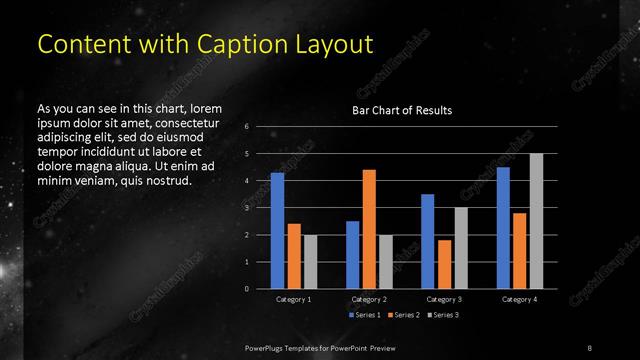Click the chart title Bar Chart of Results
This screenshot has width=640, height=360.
point(401,109)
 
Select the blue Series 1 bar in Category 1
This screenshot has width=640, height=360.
point(277,230)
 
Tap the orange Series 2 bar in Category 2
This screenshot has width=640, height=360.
point(368,229)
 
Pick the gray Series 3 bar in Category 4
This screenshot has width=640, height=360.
point(536,221)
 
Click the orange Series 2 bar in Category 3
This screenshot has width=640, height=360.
point(443,264)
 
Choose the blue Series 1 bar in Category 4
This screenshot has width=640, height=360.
point(503,227)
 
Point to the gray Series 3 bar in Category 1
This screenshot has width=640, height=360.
point(310,261)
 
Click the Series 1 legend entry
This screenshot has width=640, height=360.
point(365,315)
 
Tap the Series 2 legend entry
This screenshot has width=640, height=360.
point(401,315)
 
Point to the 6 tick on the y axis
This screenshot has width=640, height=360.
point(247,127)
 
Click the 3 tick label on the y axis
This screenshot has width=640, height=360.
point(247,208)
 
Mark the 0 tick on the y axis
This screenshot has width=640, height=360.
point(247,289)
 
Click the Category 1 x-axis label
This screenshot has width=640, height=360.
point(294,299)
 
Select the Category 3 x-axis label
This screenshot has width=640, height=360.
point(444,299)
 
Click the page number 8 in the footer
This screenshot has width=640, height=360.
point(590,346)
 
